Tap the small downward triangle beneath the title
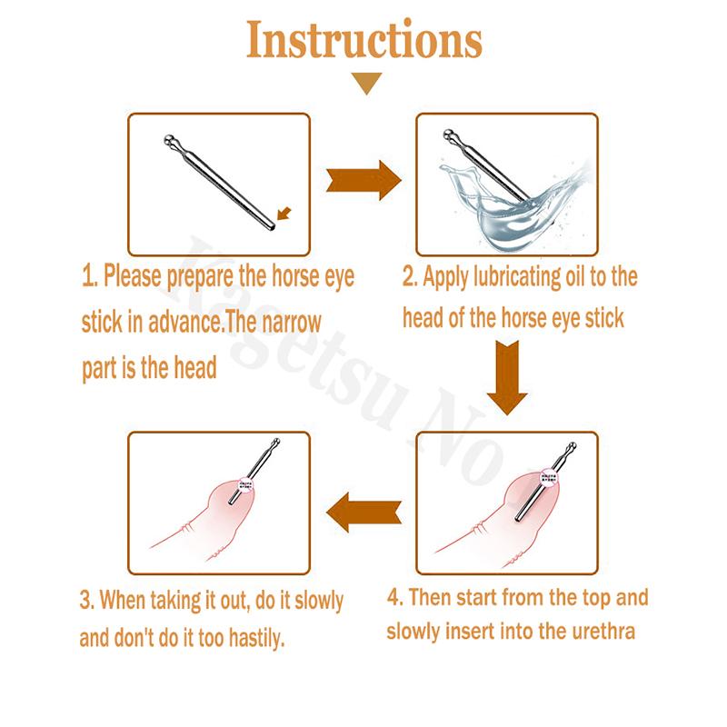point(367,85)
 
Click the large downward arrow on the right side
point(507,376)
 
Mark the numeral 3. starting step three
point(87,601)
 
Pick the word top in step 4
point(583,599)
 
